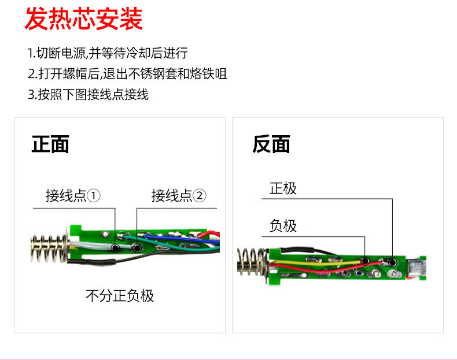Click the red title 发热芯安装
coord(83,19)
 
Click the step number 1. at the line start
coord(32,54)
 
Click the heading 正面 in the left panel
coord(50,144)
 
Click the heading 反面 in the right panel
coord(271,144)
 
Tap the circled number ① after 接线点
coord(94,196)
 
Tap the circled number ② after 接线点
coord(199,196)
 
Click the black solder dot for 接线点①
coord(116,248)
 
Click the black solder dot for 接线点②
coord(137,248)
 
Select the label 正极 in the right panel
coord(283,188)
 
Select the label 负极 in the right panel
coord(283,225)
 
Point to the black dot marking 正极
coord(393,261)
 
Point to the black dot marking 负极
coord(366,261)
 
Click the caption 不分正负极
coord(120,296)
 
